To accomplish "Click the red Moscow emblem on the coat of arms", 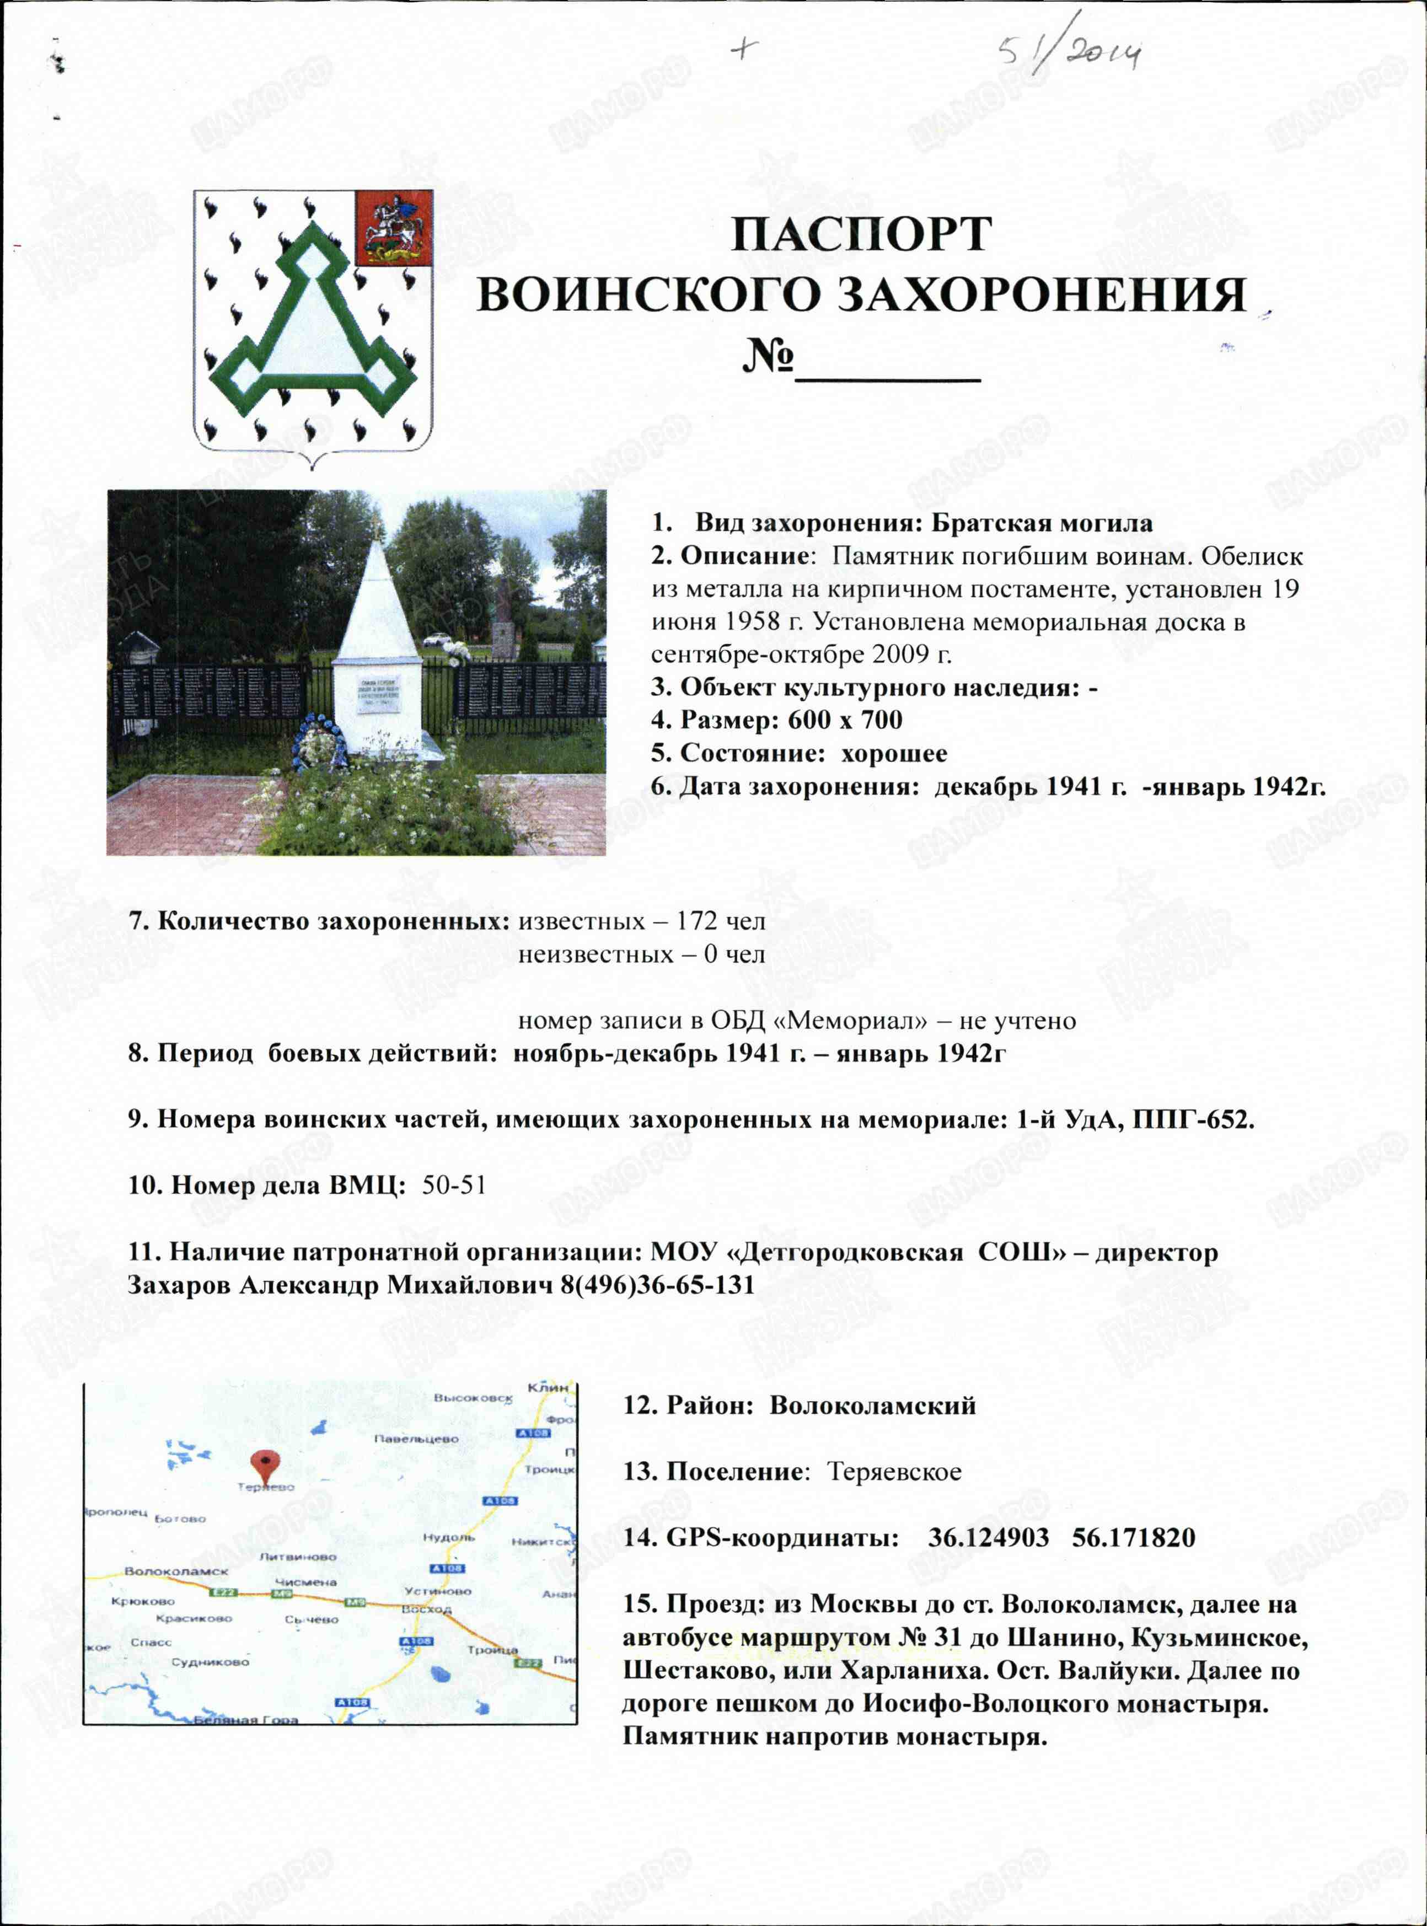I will pyautogui.click(x=394, y=228).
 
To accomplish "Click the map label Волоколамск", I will pyautogui.click(x=176, y=1571).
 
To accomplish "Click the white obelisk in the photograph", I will pyautogui.click(x=378, y=639).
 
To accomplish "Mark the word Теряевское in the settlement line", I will pyautogui.click(x=894, y=1472).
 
